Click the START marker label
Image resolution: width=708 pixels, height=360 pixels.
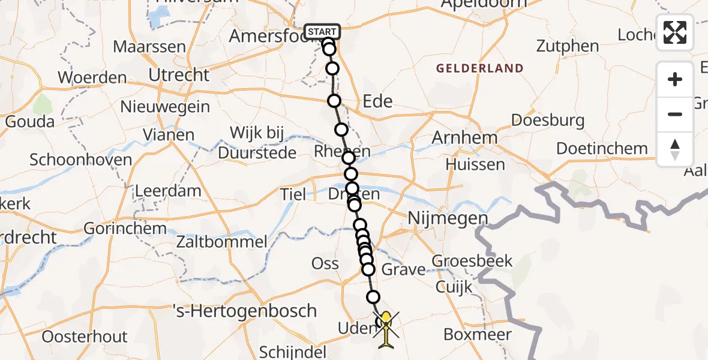[322, 31]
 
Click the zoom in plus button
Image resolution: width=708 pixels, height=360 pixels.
[675, 79]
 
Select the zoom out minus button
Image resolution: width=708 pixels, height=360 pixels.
[675, 114]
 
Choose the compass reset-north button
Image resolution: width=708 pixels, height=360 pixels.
[675, 149]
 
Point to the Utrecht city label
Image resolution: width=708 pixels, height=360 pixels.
[180, 76]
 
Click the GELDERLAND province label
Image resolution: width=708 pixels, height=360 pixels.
[479, 68]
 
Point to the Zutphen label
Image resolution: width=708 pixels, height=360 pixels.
[567, 46]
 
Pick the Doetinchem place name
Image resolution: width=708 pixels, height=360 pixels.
[602, 148]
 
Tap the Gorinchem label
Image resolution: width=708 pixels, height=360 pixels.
[125, 229]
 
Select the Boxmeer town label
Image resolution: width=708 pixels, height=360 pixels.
[477, 334]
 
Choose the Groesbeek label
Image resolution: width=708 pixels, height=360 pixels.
[472, 261]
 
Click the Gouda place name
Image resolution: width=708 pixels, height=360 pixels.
[29, 121]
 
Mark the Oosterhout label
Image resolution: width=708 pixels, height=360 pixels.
[85, 337]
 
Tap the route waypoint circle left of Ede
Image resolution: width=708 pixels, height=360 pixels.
[334, 101]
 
